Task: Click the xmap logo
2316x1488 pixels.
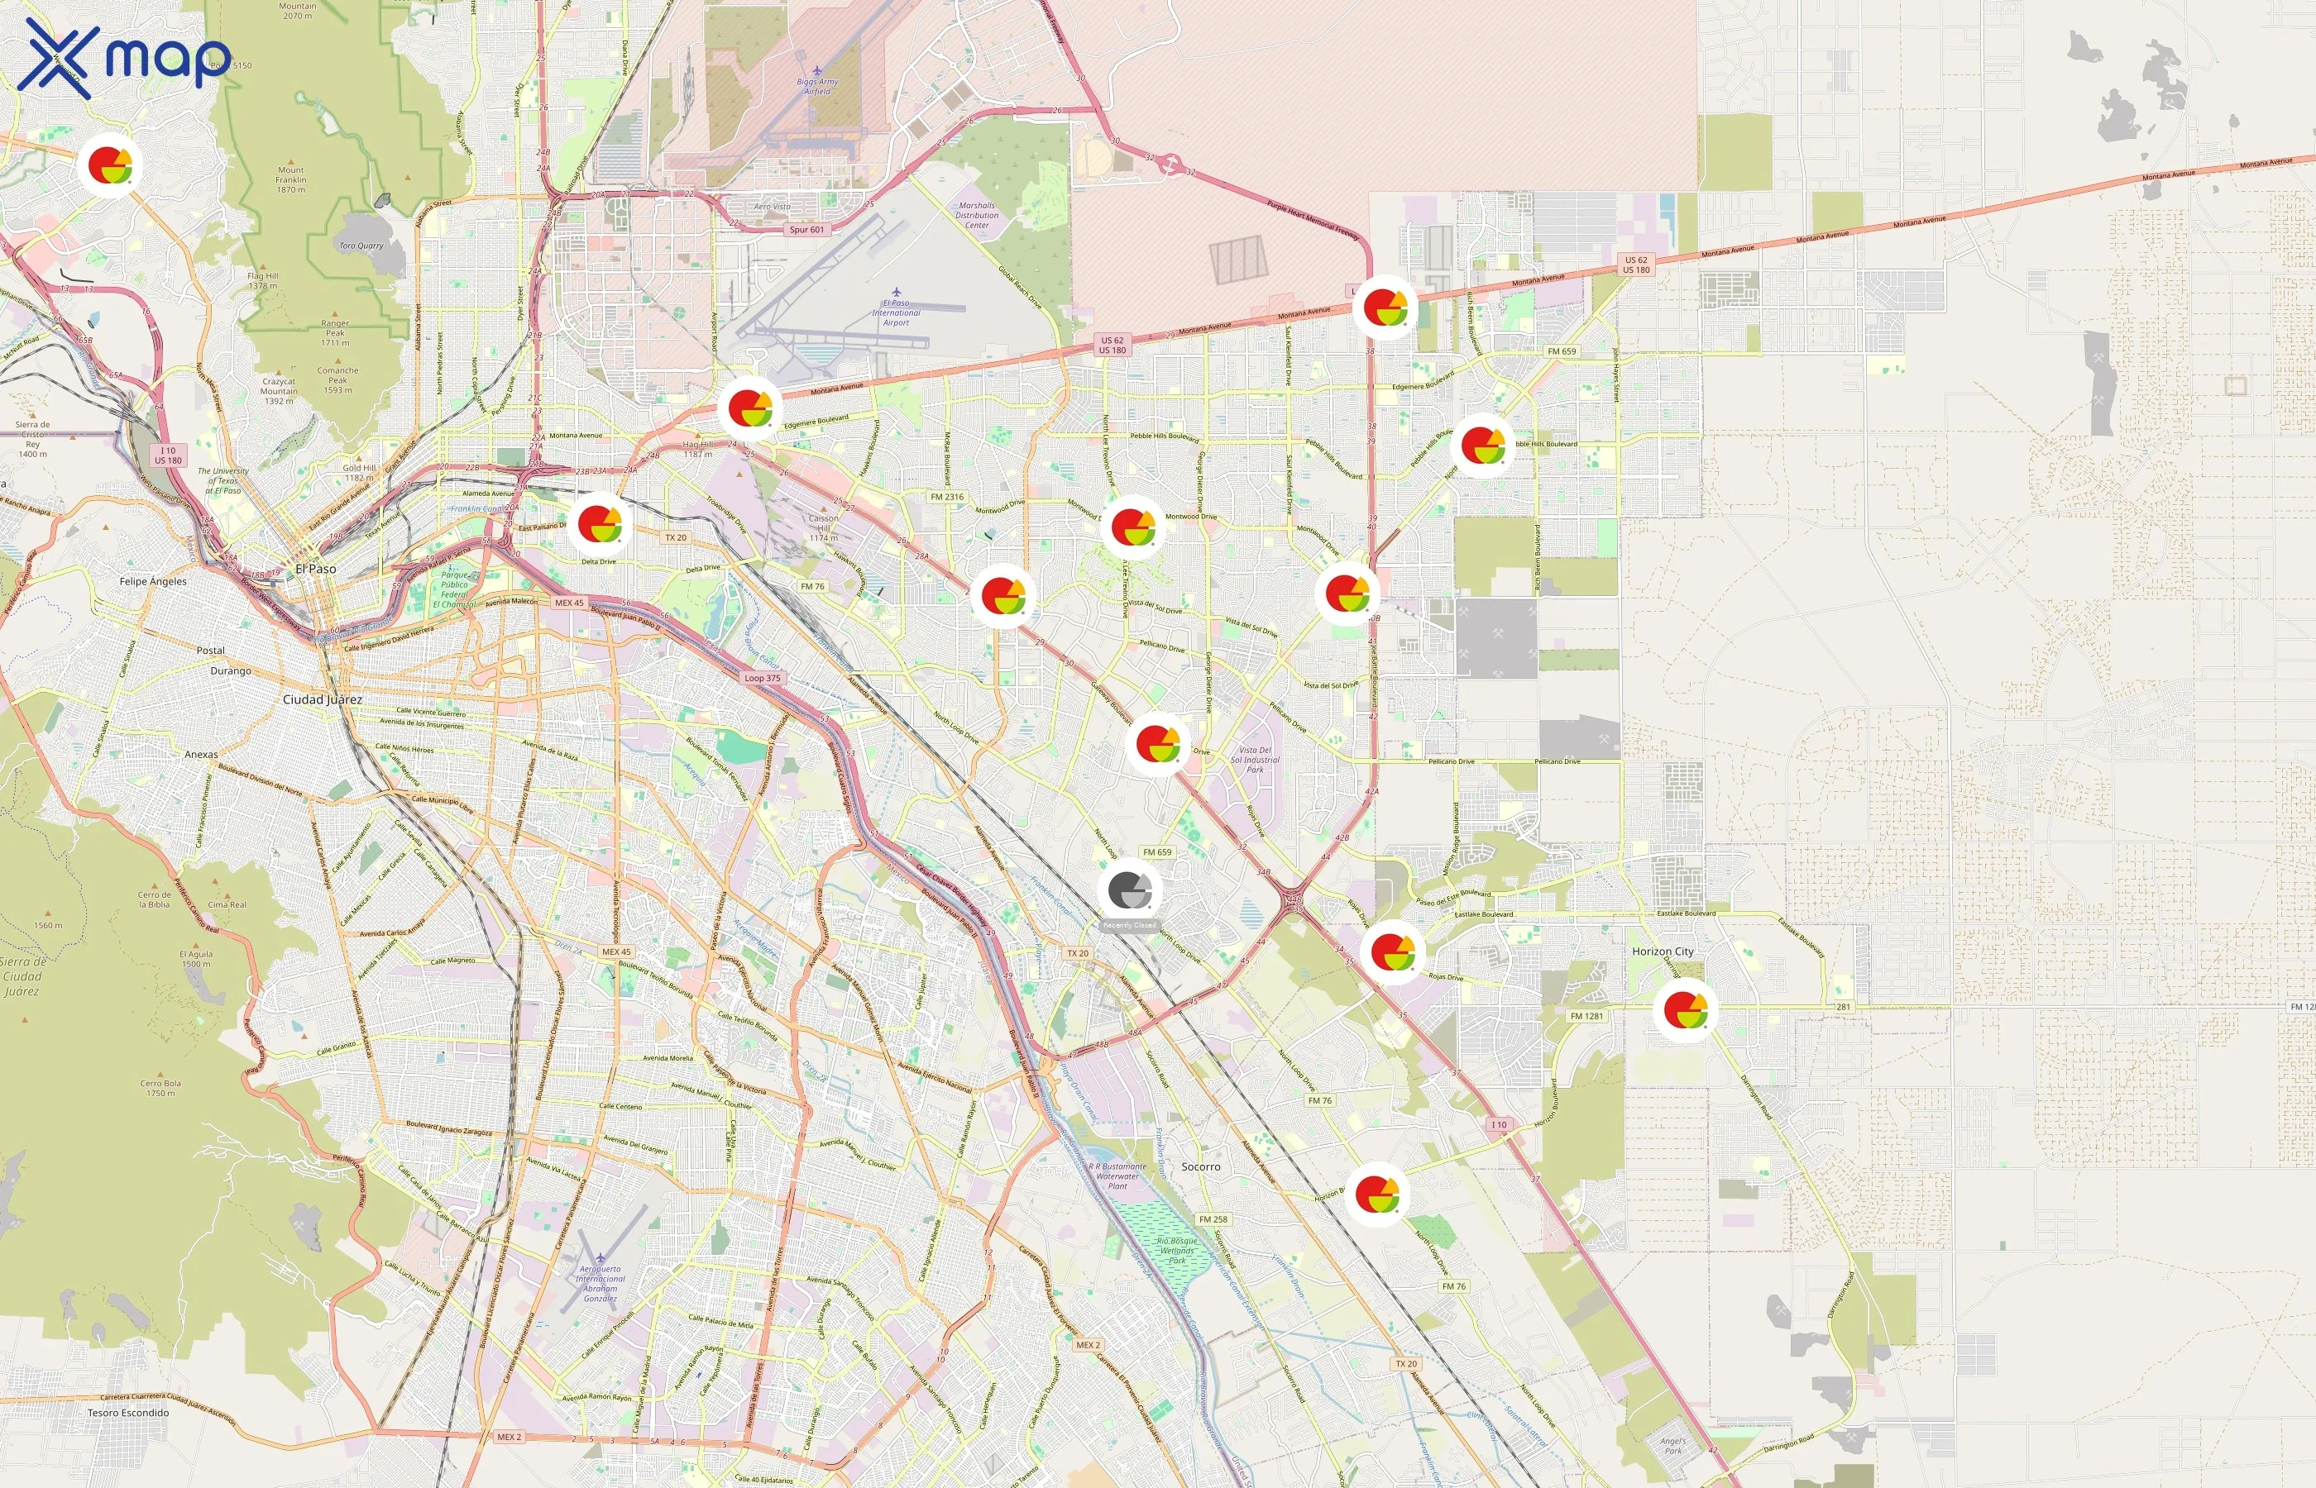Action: click(124, 59)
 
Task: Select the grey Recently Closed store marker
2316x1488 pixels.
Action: click(1129, 891)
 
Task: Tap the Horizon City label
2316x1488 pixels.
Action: click(1663, 951)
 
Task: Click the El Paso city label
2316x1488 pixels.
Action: click(316, 569)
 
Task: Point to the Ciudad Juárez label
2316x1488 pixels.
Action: click(322, 699)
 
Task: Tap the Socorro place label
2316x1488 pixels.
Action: click(1200, 1167)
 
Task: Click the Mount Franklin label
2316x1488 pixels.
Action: click(291, 179)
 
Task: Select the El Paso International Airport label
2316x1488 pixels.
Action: click(896, 312)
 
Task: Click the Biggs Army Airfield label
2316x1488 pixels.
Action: click(818, 86)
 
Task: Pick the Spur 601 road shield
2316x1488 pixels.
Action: click(806, 230)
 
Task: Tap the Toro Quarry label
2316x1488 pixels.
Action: click(361, 246)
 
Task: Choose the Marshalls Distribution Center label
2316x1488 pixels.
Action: click(976, 216)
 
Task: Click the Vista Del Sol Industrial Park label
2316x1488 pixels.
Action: click(1255, 760)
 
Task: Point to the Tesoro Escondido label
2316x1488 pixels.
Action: click(128, 1413)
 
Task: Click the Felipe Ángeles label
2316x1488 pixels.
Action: click(153, 582)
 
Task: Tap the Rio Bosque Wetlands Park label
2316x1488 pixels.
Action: click(1176, 1250)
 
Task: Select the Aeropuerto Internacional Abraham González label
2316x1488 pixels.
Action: click(600, 1283)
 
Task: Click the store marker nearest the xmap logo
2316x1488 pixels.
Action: click(110, 165)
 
